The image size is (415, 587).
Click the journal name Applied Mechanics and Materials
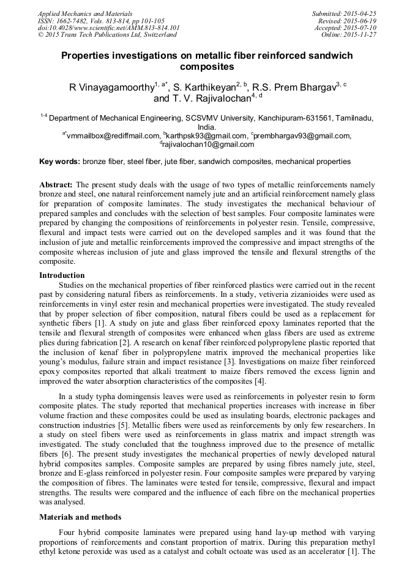(x=80, y=13)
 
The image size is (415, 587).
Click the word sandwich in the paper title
(x=321, y=55)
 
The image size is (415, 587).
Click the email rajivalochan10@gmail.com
(x=208, y=144)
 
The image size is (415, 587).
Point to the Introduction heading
(x=62, y=275)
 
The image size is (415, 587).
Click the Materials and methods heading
(x=80, y=517)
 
